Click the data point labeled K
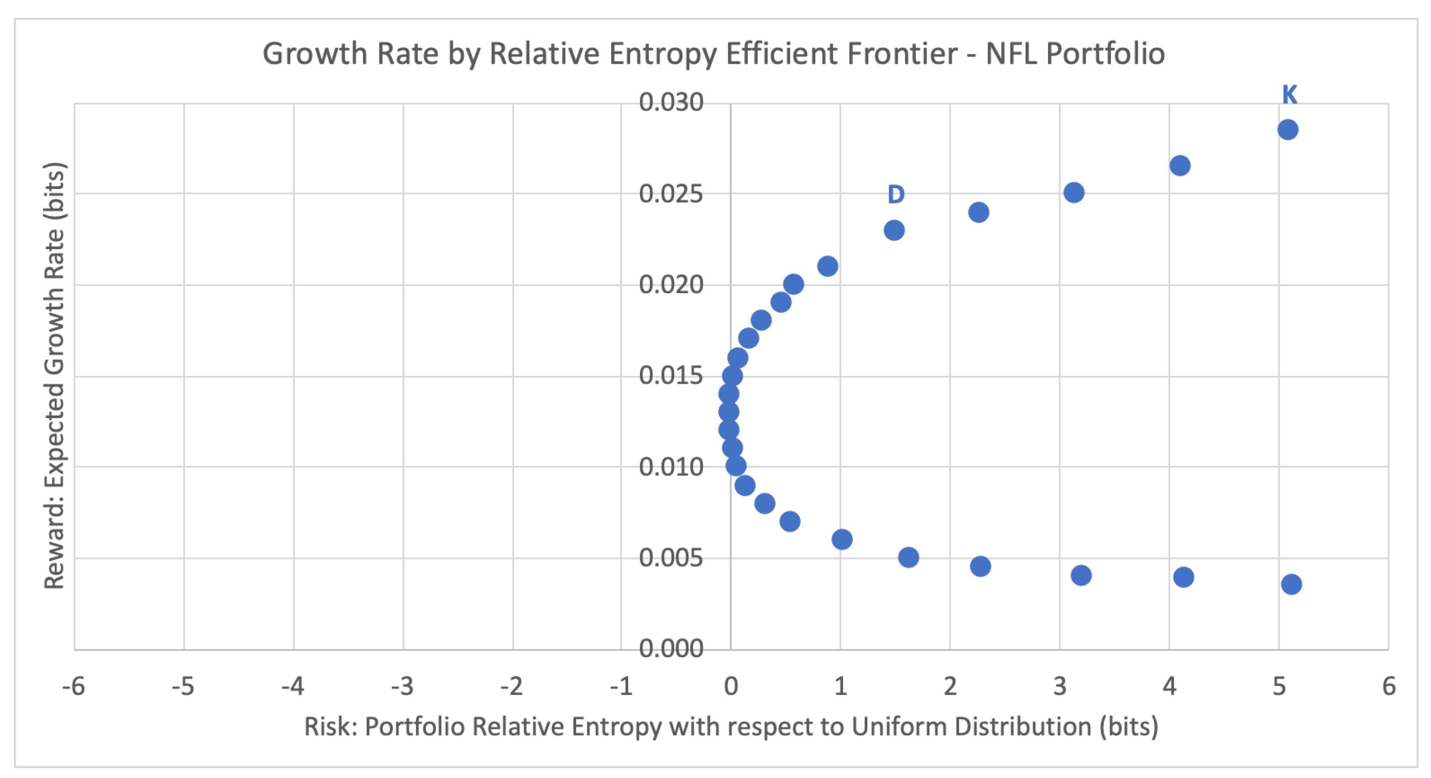(x=1287, y=130)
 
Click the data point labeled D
(x=893, y=230)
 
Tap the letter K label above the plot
(x=1289, y=95)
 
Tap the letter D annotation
(x=896, y=194)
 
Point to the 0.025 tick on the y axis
(x=671, y=194)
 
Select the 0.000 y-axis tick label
(x=671, y=648)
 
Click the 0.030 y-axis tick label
(x=671, y=102)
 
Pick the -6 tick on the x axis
(x=73, y=686)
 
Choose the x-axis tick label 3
(x=1060, y=686)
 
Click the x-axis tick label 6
(x=1388, y=686)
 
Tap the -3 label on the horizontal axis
(x=402, y=686)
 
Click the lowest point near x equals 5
(x=1291, y=584)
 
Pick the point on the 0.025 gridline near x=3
(x=1073, y=193)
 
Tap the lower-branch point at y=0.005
(x=908, y=557)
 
